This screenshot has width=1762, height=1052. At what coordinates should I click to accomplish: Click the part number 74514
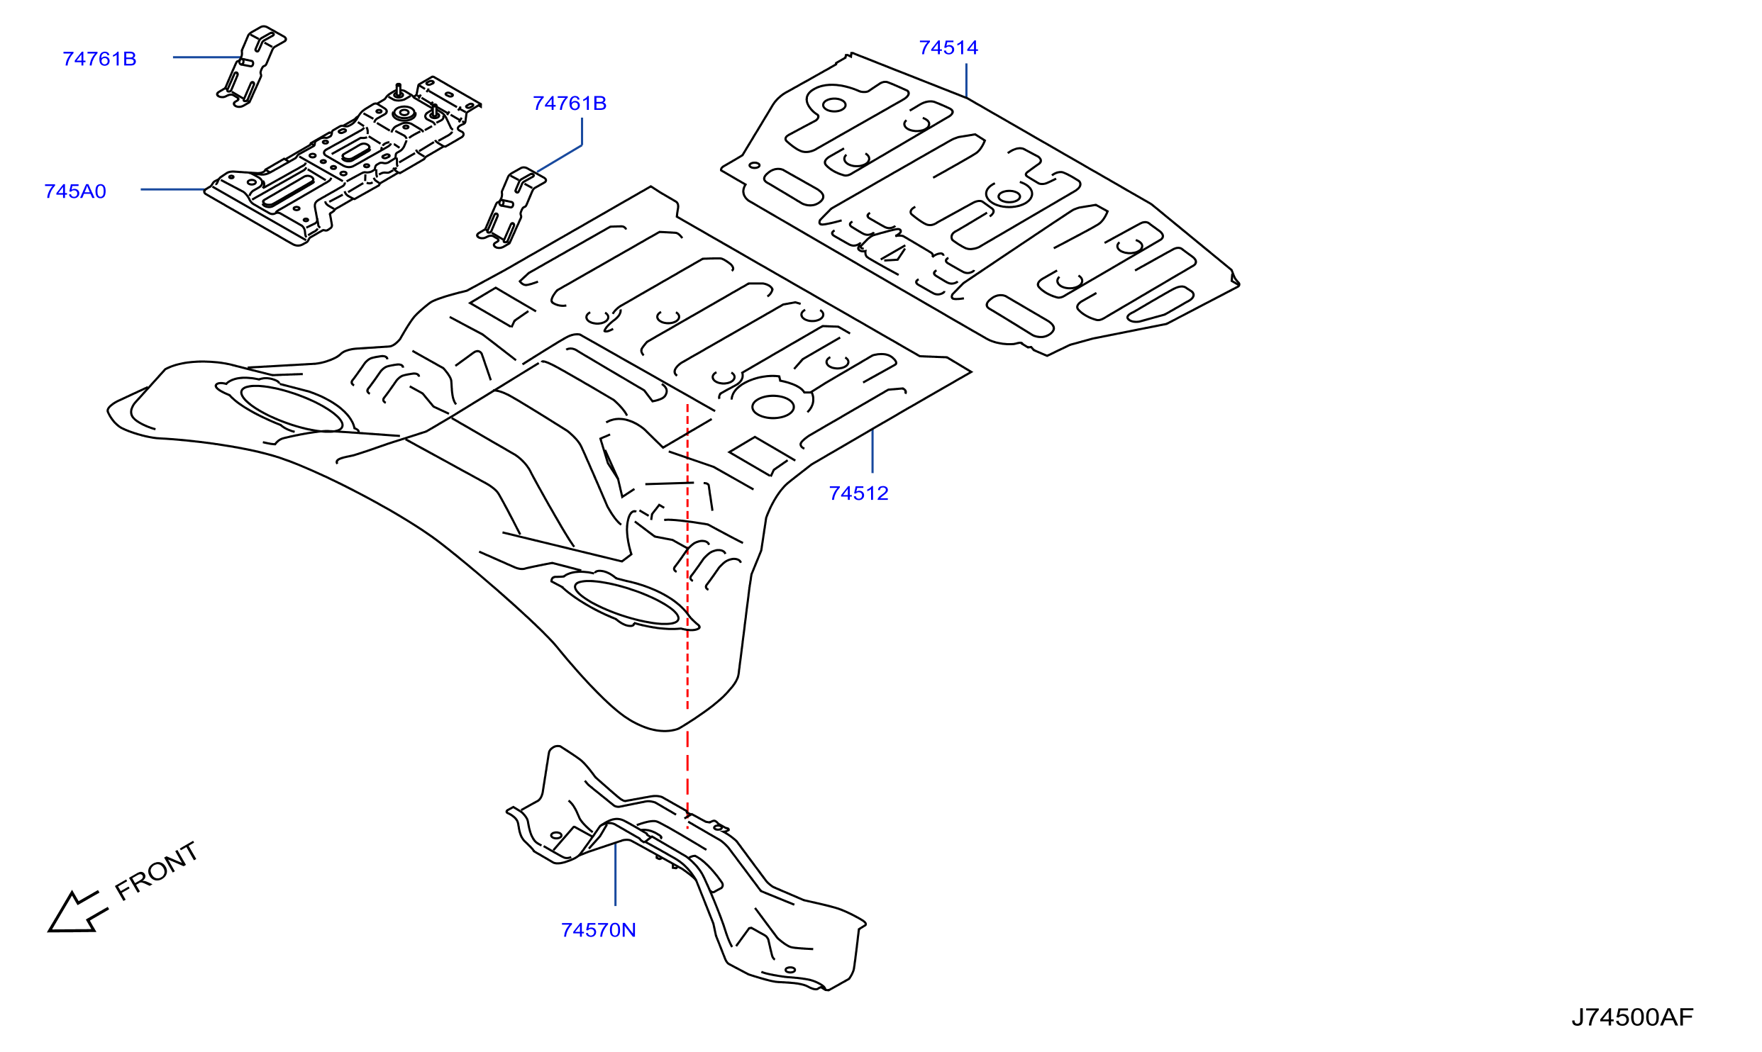tap(948, 47)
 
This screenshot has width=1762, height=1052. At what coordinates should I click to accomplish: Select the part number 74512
tap(858, 493)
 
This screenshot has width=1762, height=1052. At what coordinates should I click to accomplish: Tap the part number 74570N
tap(598, 930)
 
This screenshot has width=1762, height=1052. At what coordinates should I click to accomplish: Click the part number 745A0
tap(75, 191)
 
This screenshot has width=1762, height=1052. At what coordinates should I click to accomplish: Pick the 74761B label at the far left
tap(99, 59)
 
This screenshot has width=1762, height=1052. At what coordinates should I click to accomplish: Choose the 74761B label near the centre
tap(570, 103)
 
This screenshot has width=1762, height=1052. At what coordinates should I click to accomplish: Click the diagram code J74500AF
tap(1632, 1017)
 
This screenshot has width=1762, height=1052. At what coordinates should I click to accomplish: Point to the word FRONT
tap(157, 871)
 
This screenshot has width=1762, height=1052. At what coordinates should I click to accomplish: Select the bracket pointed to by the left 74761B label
tap(251, 66)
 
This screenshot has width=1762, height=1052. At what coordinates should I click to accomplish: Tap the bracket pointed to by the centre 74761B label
tap(511, 208)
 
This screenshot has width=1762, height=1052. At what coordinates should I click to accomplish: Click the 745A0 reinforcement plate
tap(343, 162)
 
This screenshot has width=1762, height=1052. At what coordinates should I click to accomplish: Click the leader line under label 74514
tap(966, 80)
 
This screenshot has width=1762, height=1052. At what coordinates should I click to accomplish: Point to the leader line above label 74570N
tap(615, 873)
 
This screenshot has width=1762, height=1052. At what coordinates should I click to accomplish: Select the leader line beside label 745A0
tap(173, 189)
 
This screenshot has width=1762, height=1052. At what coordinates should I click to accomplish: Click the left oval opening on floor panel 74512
tap(292, 408)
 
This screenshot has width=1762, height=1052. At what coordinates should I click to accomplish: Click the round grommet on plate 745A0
tap(404, 113)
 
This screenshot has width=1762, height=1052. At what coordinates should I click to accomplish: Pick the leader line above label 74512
tap(872, 451)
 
